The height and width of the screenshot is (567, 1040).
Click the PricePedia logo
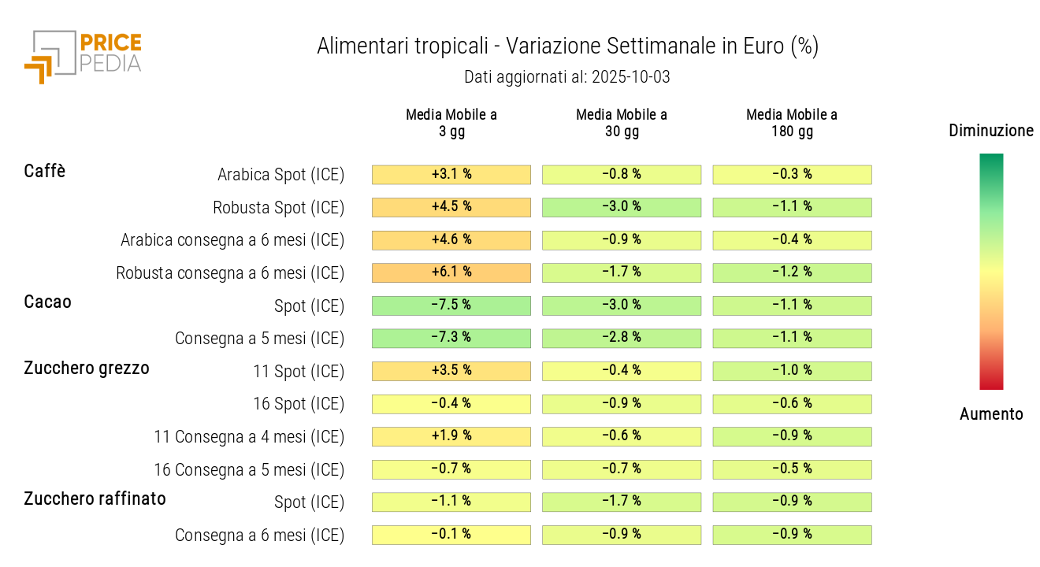(84, 55)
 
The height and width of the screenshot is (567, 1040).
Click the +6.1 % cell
(451, 272)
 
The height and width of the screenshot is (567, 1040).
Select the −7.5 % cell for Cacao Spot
(451, 306)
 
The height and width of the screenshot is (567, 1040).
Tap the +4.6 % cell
(451, 240)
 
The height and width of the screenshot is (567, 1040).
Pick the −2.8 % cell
(622, 338)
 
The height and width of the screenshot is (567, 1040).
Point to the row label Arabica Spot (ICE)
(280, 175)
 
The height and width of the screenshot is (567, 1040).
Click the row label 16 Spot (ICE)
(299, 404)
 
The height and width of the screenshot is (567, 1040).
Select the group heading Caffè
(45, 171)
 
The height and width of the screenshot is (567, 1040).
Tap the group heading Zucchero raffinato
(95, 498)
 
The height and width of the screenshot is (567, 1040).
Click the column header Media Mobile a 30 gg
(622, 123)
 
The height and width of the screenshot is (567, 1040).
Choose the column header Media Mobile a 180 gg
(792, 123)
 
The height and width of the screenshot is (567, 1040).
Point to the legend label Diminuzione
(991, 131)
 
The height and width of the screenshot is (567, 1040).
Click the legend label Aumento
(991, 414)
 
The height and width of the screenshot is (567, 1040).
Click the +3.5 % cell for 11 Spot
(451, 371)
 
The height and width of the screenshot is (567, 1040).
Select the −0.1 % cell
(451, 535)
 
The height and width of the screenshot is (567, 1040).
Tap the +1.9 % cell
(451, 436)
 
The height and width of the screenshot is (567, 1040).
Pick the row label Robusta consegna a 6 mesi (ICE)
(230, 273)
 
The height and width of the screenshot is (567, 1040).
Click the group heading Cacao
(48, 302)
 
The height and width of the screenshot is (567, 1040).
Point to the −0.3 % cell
(792, 175)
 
